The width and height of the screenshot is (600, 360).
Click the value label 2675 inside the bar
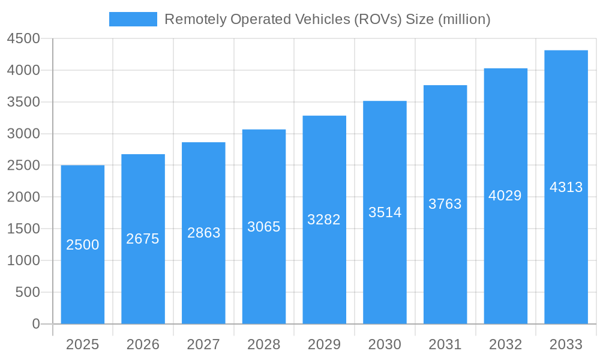pyautogui.click(x=143, y=239)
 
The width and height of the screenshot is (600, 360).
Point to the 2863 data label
pyautogui.click(x=204, y=233)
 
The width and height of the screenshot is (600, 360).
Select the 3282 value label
pyautogui.click(x=324, y=220)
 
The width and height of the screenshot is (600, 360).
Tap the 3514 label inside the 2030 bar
pyautogui.click(x=385, y=212)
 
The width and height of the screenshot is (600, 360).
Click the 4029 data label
pyautogui.click(x=505, y=196)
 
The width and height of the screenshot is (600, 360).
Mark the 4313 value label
pyautogui.click(x=566, y=187)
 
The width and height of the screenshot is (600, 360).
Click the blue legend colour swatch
pyautogui.click(x=133, y=19)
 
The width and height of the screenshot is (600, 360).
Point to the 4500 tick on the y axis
pyautogui.click(x=23, y=39)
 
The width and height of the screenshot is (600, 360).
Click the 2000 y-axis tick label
pyautogui.click(x=23, y=197)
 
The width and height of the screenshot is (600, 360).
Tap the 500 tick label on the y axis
pyautogui.click(x=28, y=292)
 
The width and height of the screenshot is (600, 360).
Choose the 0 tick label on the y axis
pyautogui.click(x=35, y=324)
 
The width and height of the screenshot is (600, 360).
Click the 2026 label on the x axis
pyautogui.click(x=143, y=344)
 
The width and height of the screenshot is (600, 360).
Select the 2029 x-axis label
pyautogui.click(x=324, y=344)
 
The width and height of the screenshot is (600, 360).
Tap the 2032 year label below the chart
pyautogui.click(x=505, y=344)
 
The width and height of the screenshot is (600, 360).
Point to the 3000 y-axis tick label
pyautogui.click(x=23, y=134)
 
